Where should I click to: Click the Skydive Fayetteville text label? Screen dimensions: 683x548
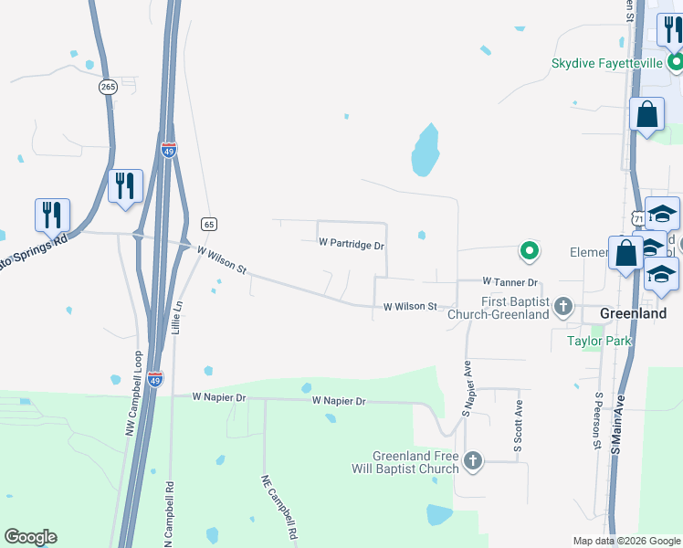607,64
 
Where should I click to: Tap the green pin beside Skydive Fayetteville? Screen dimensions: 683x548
676,63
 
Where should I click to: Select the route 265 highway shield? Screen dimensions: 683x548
109,87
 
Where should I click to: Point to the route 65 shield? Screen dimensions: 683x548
209,224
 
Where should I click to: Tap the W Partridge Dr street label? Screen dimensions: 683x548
352,245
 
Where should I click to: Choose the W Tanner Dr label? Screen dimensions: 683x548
510,282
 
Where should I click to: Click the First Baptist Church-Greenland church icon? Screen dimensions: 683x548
564,306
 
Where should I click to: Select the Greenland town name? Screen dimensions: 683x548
634,313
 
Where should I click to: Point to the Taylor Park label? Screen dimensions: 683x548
594,341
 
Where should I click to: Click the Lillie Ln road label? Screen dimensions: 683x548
178,318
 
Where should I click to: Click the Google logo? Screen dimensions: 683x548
30,537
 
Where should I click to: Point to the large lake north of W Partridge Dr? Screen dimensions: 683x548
425,150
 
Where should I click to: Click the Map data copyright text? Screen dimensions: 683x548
627,541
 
